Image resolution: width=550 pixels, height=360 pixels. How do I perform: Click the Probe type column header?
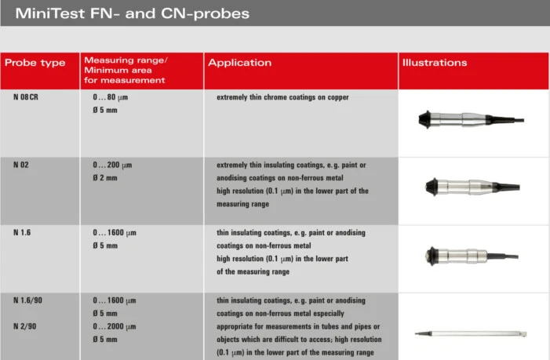(35, 63)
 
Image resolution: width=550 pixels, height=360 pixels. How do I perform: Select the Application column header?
(239, 63)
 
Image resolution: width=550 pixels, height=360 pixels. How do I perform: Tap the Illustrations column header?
(435, 63)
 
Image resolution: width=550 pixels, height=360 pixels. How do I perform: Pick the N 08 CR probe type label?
(26, 97)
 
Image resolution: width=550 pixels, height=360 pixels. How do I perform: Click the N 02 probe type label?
(21, 165)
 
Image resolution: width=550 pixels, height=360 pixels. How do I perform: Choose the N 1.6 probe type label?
(22, 233)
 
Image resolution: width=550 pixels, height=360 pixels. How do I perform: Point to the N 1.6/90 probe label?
(28, 300)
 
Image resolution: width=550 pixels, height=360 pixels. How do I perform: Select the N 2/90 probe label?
(25, 325)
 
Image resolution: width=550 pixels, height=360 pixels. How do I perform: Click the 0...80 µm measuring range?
(113, 97)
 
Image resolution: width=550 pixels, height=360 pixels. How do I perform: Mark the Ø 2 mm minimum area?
(105, 178)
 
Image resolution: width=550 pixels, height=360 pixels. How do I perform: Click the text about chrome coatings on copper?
(282, 97)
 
